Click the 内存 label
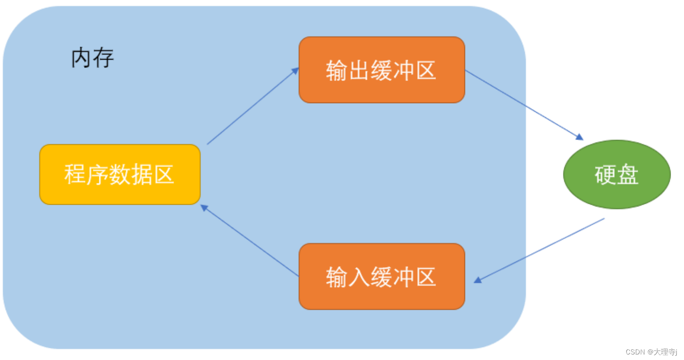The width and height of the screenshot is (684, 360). (x=92, y=59)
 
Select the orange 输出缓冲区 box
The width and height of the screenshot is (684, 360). (x=382, y=69)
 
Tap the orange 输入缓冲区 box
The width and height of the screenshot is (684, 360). (x=382, y=276)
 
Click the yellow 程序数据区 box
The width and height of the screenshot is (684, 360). (x=120, y=174)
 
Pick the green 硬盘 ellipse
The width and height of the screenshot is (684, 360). (x=617, y=175)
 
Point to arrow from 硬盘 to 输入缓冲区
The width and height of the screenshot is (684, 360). (x=539, y=250)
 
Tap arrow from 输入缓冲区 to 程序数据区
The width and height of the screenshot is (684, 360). (x=250, y=241)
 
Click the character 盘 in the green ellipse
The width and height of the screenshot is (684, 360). (x=628, y=175)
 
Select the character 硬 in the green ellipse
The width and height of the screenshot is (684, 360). (x=605, y=175)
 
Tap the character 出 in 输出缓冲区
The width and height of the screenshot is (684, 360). (x=359, y=71)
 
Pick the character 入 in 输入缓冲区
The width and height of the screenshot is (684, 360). (x=359, y=277)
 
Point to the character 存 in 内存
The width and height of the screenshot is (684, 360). (x=104, y=59)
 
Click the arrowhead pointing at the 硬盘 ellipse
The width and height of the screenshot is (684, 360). (x=580, y=137)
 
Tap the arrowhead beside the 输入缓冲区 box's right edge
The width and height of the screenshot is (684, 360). (x=478, y=280)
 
